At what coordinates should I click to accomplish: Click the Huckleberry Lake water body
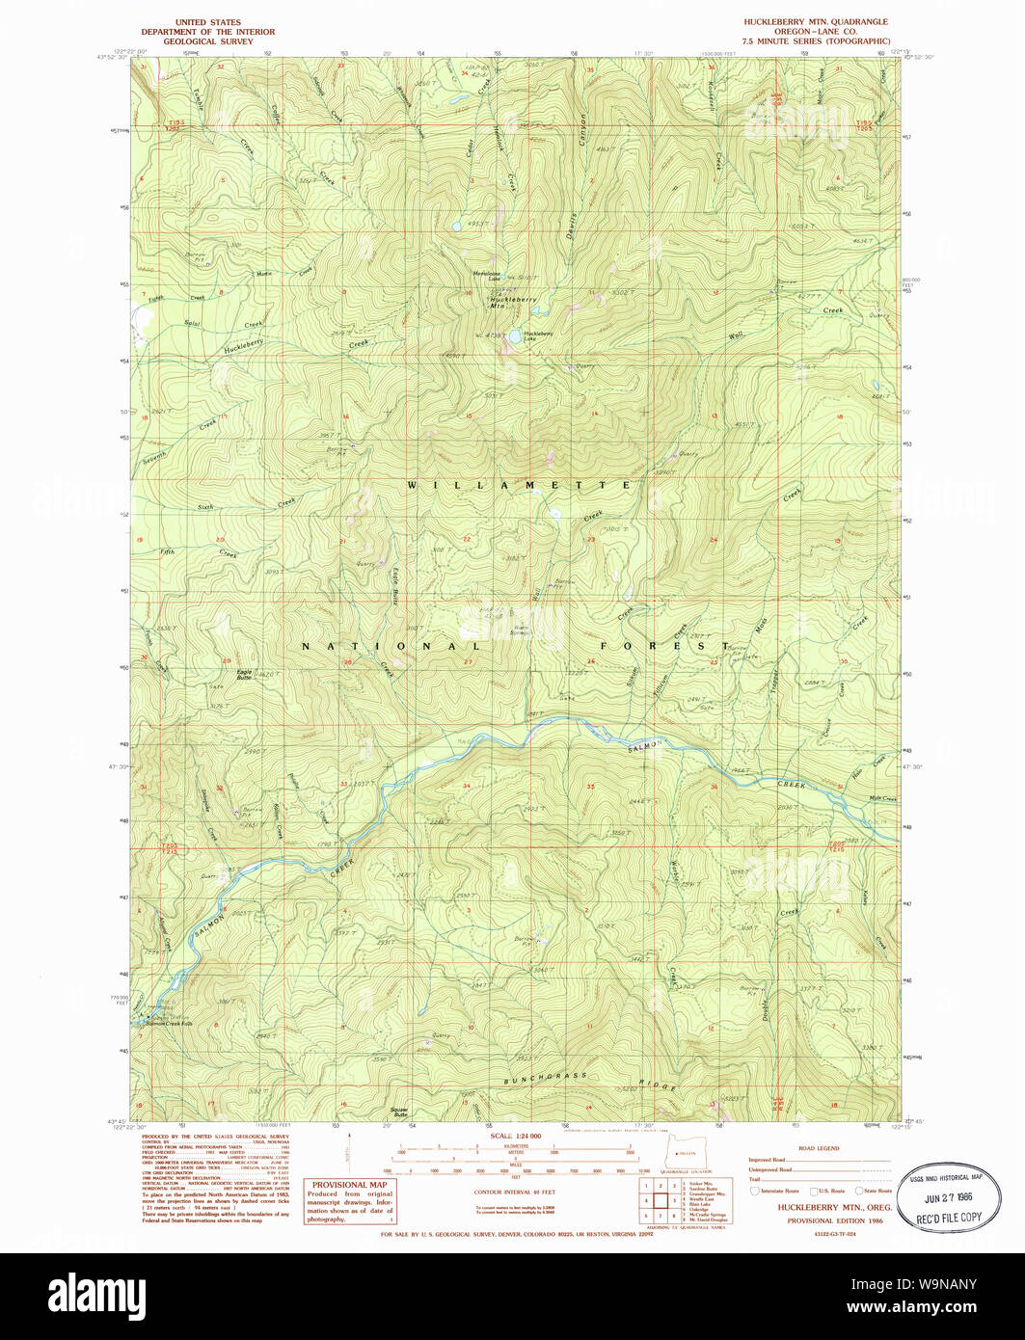coord(517,336)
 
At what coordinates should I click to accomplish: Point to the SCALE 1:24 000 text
coord(516,1136)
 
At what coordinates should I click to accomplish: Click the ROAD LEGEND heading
coord(821,1148)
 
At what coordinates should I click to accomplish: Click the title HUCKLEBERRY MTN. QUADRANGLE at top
coord(816,21)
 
